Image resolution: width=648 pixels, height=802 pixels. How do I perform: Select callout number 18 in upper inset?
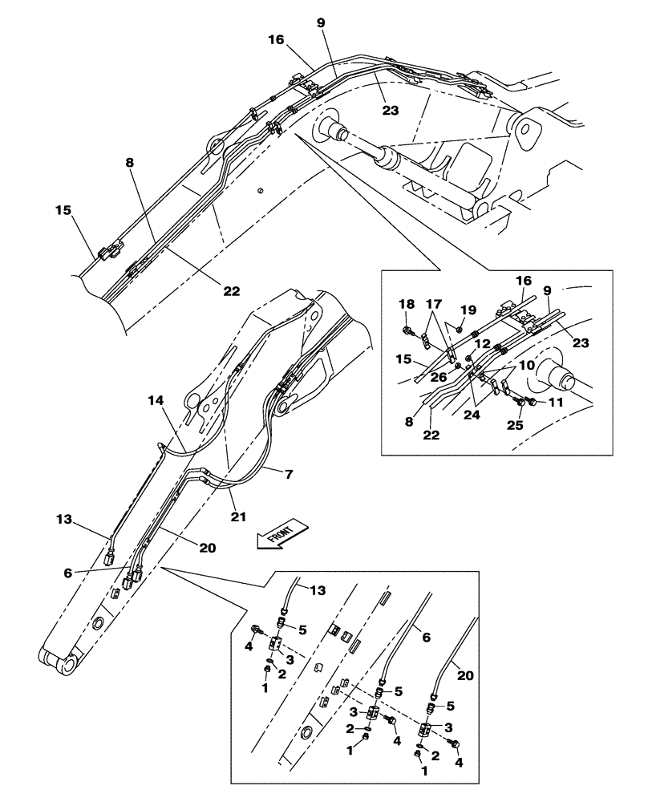[407, 305]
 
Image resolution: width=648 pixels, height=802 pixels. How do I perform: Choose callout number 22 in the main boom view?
[231, 291]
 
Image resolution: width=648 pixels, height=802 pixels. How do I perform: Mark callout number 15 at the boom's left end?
[63, 210]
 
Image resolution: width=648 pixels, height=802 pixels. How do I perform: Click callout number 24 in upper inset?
[472, 415]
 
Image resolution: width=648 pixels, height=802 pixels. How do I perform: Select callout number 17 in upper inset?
[435, 305]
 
